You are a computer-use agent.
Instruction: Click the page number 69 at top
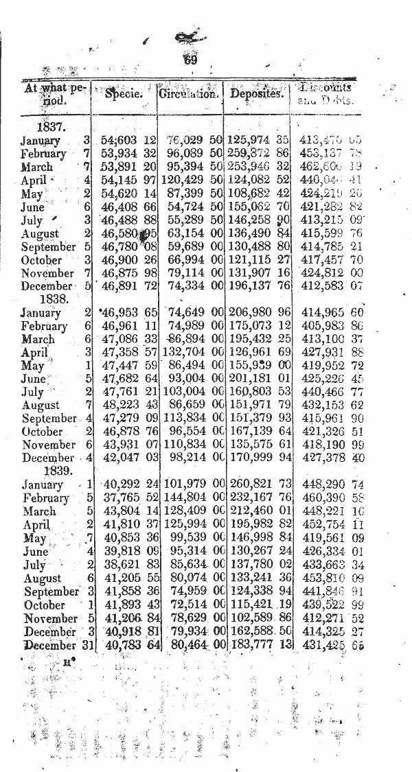click(190, 60)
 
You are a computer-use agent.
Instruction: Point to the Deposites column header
click(257, 93)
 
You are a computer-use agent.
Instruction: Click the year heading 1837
click(51, 128)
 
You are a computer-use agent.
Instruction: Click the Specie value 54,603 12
click(126, 141)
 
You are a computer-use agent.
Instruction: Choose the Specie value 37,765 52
click(126, 498)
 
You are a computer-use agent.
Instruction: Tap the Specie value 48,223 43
click(126, 406)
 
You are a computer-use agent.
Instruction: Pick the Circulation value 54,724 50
click(193, 207)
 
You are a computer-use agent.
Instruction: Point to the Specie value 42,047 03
click(126, 458)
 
